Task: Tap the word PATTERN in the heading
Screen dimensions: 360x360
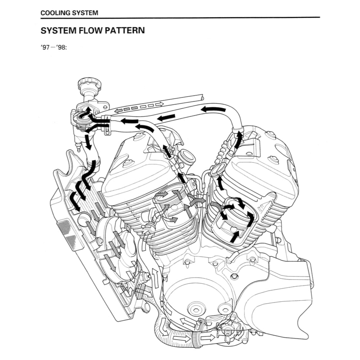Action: pyautogui.click(x=126, y=30)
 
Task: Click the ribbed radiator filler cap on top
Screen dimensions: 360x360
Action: pyautogui.click(x=89, y=85)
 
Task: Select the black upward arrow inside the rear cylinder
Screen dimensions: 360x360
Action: pyautogui.click(x=234, y=236)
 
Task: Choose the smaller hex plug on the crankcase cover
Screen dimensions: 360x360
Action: pyautogui.click(x=225, y=309)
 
